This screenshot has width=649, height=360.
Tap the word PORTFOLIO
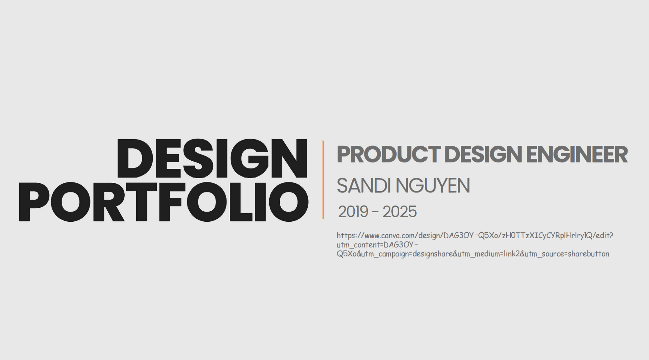point(164,202)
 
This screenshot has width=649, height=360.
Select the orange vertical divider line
point(323,180)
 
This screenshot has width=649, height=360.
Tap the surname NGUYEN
point(433,186)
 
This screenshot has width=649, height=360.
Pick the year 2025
point(399,212)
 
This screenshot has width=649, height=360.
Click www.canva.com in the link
point(390,235)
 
